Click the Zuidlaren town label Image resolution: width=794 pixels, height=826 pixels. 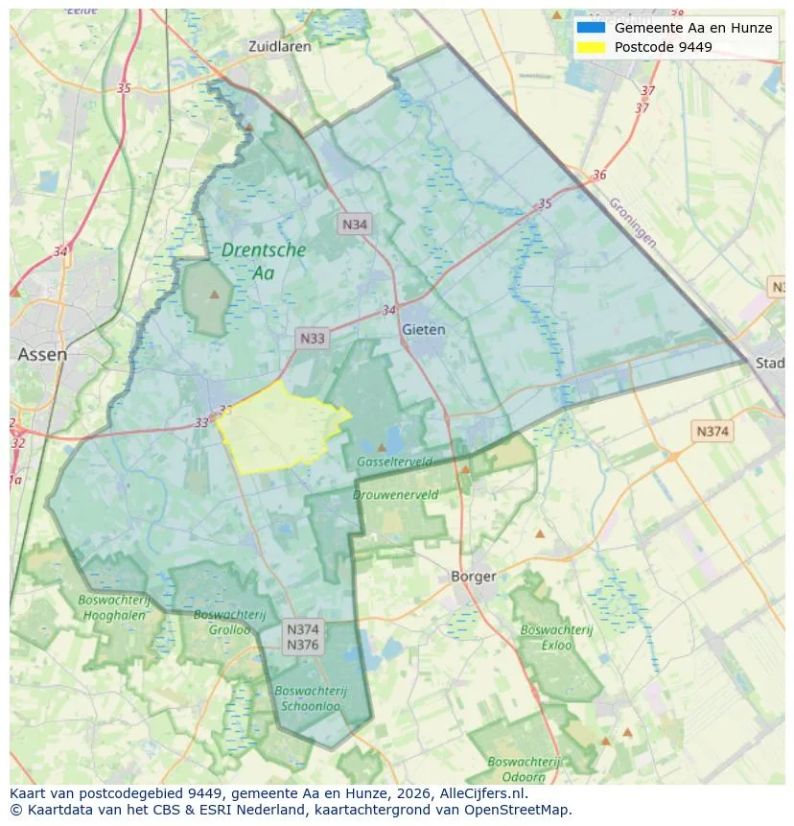[279, 46]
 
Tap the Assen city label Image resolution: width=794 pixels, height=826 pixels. [42, 354]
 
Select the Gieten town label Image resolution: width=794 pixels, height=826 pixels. [424, 329]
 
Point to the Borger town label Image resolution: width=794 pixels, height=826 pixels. [474, 577]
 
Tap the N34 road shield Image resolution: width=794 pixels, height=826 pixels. [355, 224]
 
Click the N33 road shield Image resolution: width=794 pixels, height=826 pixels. [313, 338]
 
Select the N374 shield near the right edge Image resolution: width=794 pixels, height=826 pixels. [712, 431]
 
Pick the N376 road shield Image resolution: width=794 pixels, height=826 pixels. [303, 645]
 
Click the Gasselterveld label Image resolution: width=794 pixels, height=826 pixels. [394, 461]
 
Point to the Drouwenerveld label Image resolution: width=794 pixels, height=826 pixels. [395, 495]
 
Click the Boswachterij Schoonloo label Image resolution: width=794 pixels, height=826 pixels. [310, 698]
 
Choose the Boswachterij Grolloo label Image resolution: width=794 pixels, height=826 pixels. [222, 622]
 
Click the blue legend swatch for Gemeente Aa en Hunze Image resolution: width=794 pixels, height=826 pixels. [591, 28]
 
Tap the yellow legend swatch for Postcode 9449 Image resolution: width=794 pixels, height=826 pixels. [591, 47]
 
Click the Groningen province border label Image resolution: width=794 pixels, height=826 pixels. [633, 223]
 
